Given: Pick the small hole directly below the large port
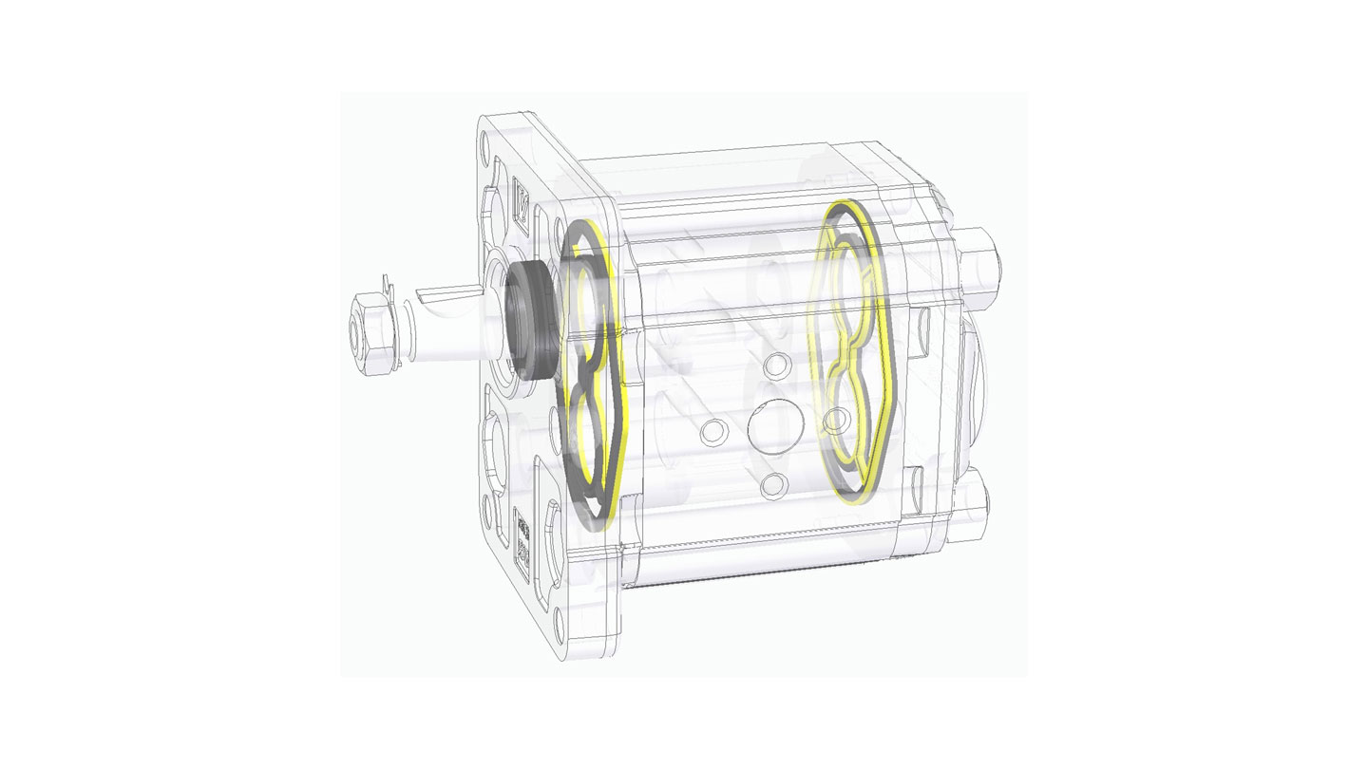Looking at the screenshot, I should click(774, 483).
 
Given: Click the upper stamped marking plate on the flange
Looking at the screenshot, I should click(521, 201).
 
